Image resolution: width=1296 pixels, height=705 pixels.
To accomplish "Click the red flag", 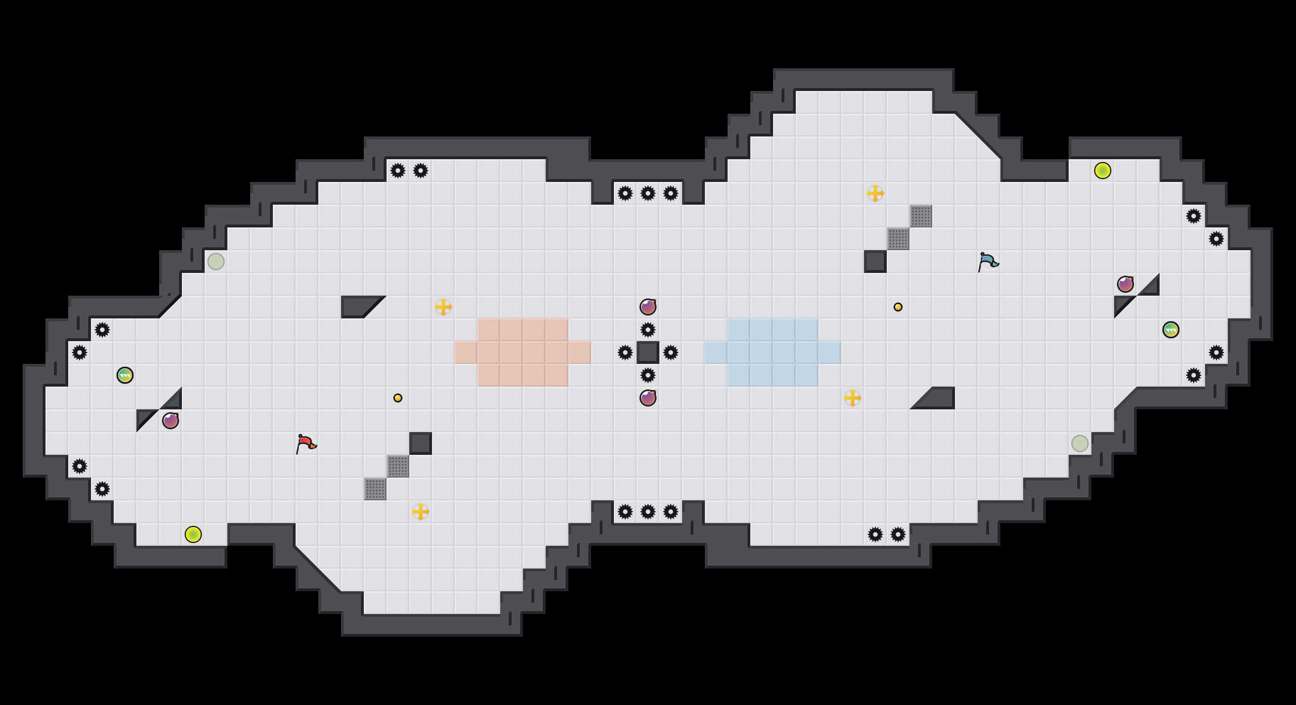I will point(306,443).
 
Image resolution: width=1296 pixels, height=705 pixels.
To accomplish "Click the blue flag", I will point(988,261).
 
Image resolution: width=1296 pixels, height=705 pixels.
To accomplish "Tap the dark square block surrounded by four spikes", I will point(648,353).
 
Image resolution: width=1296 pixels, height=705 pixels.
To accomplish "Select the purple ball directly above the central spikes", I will point(648,307).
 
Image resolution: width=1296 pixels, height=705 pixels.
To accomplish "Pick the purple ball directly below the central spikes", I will point(648,398).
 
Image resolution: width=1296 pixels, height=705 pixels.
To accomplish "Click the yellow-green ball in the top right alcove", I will point(1103,171).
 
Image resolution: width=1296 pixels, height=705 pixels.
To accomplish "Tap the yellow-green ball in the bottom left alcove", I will point(193,534).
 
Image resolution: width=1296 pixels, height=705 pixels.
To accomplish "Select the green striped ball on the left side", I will point(125,375).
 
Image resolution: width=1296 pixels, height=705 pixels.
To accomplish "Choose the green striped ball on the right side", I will point(1171,330).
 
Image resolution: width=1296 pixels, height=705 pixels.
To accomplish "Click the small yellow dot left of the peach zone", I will point(398,398).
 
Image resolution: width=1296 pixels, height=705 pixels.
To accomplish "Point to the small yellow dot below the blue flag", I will point(898,307).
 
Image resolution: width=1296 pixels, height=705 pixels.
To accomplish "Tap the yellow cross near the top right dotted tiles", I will point(875,193).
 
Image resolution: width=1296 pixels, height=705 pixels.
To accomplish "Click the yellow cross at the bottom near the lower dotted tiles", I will point(421,512).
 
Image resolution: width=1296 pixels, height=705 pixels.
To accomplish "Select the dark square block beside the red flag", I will point(421,443).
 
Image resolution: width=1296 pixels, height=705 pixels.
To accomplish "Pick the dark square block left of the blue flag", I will point(875,262).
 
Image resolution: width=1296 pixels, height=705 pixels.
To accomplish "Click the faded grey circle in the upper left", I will point(216,262).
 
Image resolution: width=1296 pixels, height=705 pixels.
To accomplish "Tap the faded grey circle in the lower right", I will point(1080,443).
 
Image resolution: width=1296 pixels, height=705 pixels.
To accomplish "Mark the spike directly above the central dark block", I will point(648,330).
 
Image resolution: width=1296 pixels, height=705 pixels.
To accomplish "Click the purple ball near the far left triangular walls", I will point(171,421).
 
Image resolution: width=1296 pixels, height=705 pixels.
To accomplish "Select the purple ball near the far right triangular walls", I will point(1125,284).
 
